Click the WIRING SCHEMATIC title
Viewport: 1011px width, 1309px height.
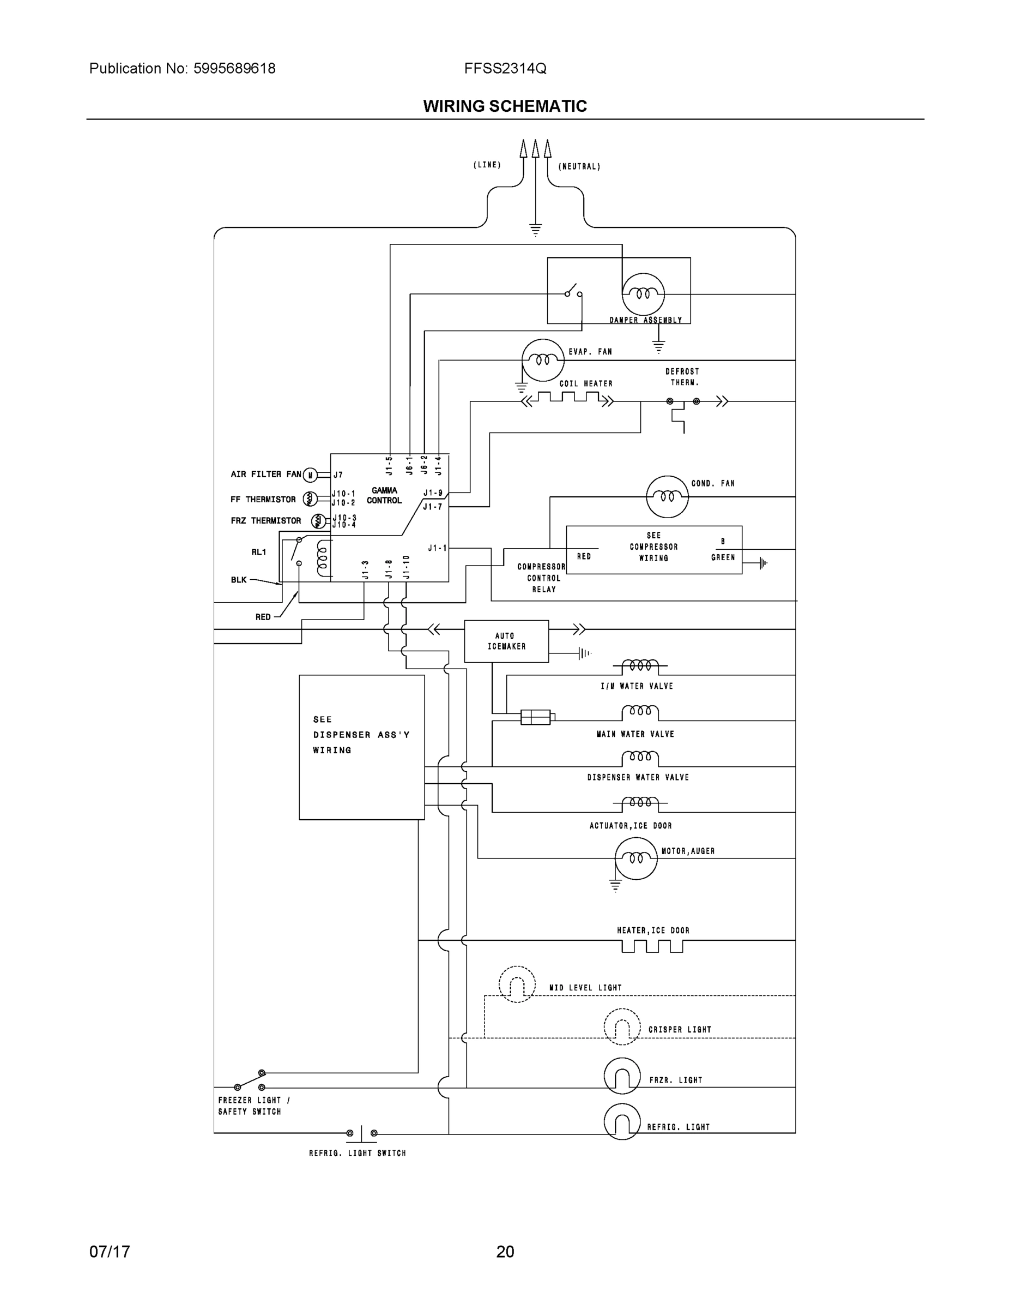tap(505, 106)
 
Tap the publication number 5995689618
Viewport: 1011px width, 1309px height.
tap(234, 68)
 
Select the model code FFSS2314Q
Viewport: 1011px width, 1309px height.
tap(505, 68)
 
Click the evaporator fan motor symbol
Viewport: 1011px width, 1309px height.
tap(543, 359)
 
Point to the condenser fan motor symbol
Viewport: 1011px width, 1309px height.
tap(667, 496)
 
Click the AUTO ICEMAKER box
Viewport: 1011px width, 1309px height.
tap(506, 641)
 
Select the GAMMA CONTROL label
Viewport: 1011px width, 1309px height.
tap(384, 495)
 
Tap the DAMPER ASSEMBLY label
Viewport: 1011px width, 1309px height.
tap(646, 320)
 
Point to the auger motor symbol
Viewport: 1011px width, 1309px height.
tap(636, 858)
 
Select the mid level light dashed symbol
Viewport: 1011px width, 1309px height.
tap(516, 984)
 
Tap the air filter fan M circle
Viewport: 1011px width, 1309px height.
tap(310, 475)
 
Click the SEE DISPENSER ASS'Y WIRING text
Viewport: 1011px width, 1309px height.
tap(361, 734)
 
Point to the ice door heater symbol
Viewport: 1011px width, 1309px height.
tap(652, 946)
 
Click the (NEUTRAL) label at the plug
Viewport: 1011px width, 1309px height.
tap(579, 166)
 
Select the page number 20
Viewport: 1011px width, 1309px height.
tap(505, 1252)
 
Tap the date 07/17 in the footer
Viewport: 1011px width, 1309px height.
tap(110, 1252)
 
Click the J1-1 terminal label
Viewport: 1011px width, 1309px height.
tap(437, 548)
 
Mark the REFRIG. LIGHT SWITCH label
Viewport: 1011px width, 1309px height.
tap(357, 1152)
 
